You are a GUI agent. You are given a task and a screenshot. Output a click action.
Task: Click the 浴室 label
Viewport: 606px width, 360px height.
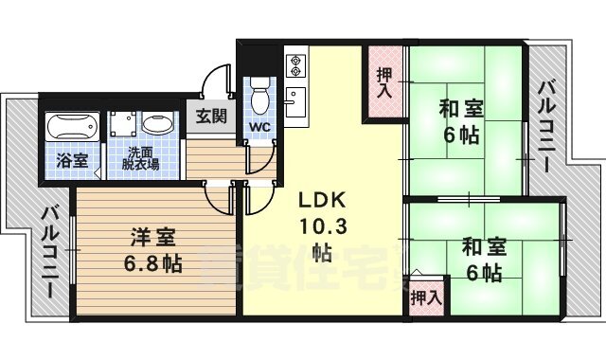click(x=72, y=160)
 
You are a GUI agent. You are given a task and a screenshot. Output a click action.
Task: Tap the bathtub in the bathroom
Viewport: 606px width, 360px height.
click(x=72, y=126)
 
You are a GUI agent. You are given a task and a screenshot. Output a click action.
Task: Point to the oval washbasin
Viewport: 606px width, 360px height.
click(x=158, y=125)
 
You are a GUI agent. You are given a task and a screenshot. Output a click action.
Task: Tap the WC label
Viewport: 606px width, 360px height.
click(x=259, y=127)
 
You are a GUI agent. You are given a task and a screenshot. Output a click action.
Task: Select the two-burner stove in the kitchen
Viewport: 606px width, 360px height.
click(x=294, y=64)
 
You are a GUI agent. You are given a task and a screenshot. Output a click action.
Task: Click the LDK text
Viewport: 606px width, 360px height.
click(x=324, y=202)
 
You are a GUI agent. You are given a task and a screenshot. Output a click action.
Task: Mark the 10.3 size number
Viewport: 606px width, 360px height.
click(x=324, y=226)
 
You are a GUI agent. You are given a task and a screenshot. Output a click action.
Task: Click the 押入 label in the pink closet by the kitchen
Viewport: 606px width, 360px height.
click(x=384, y=83)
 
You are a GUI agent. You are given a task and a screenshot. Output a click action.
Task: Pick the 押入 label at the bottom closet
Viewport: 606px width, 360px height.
click(x=426, y=297)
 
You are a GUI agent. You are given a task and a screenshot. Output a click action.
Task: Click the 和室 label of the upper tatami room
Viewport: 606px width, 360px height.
click(x=460, y=108)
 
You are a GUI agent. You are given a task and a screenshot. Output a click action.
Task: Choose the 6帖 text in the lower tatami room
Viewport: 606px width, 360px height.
click(x=484, y=275)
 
